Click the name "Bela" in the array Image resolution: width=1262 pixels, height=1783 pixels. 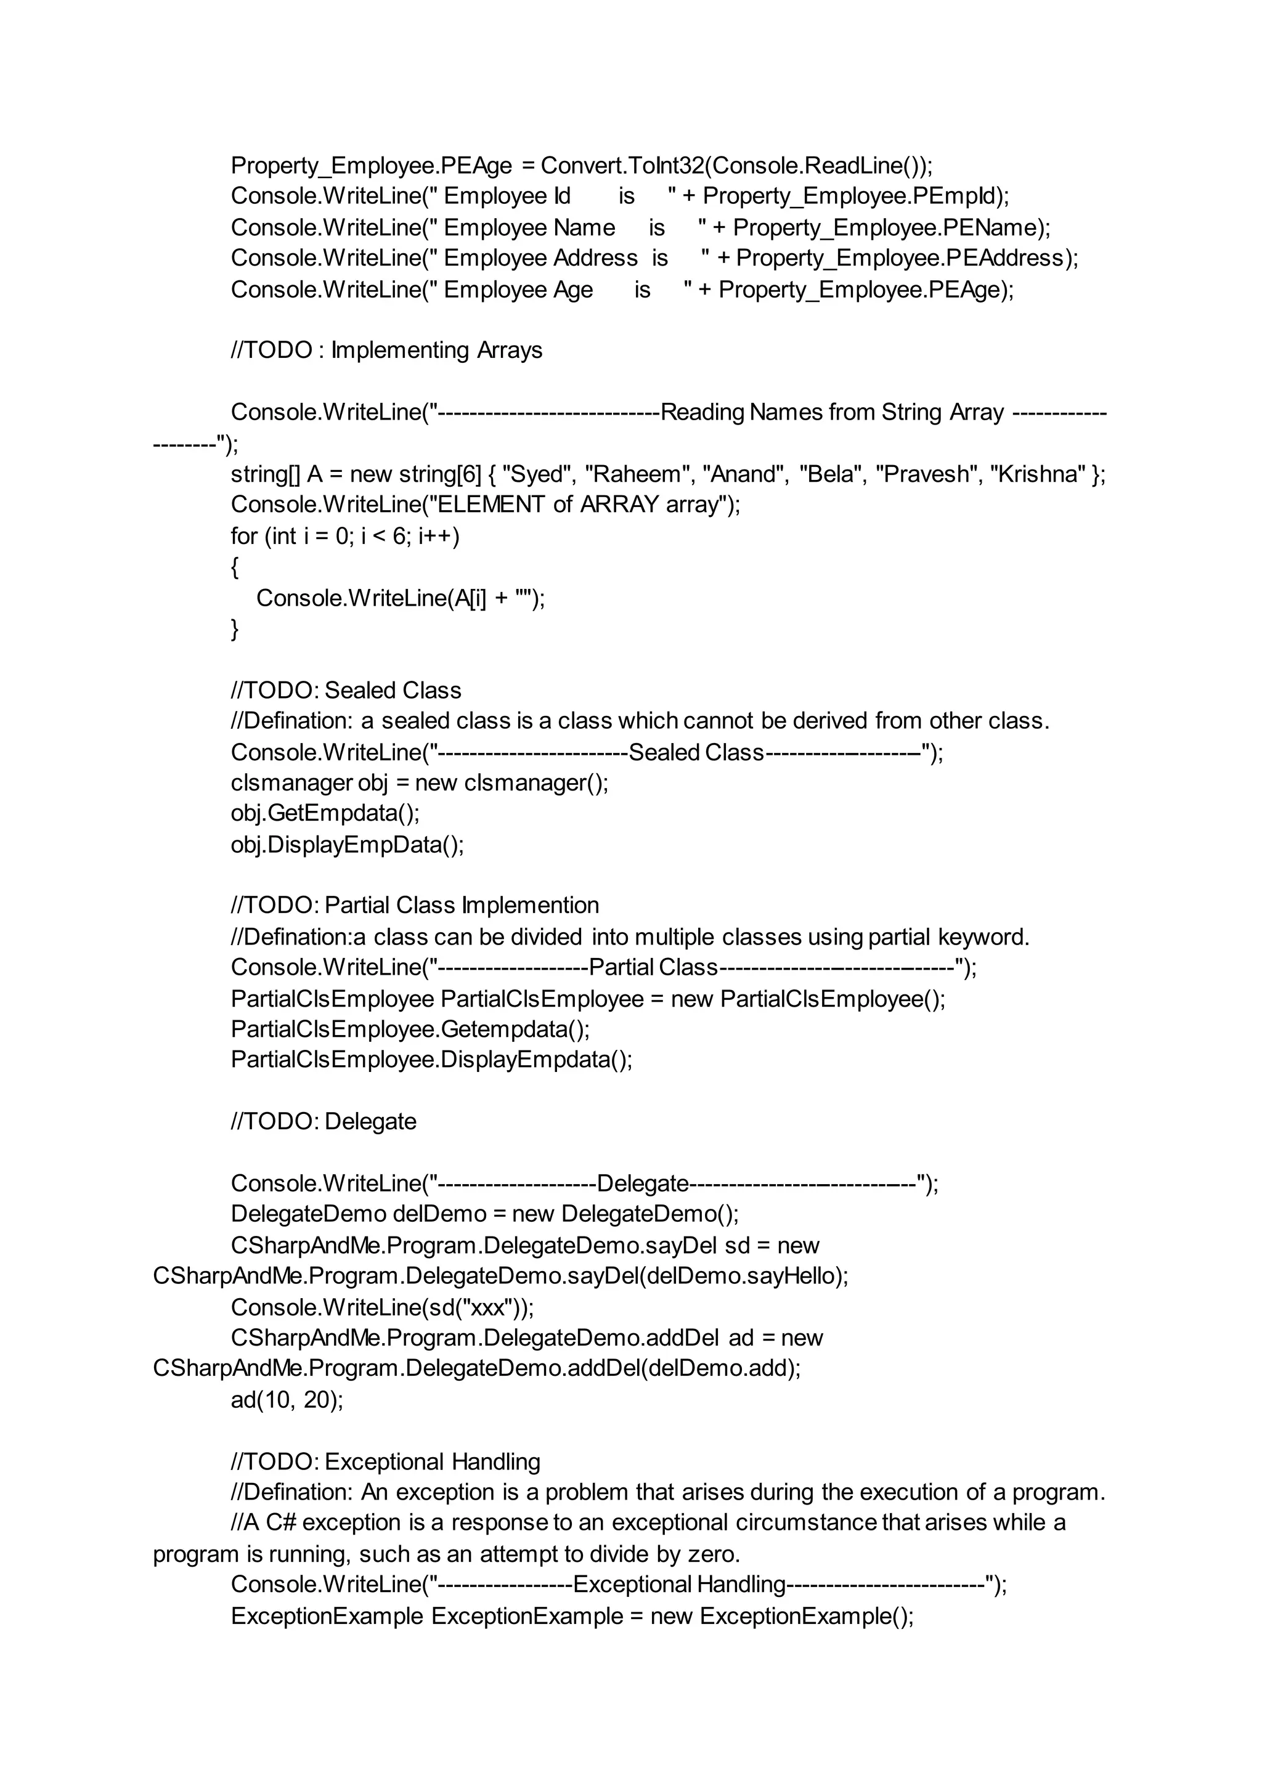831,474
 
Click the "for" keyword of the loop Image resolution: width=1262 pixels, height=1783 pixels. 244,536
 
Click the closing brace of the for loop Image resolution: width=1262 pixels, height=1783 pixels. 235,628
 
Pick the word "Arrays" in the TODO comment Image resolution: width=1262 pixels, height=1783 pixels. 510,351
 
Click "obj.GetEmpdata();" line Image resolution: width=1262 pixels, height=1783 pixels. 325,813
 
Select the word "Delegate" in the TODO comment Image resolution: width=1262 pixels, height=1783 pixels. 371,1122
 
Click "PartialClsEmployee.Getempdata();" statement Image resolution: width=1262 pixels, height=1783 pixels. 410,1030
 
